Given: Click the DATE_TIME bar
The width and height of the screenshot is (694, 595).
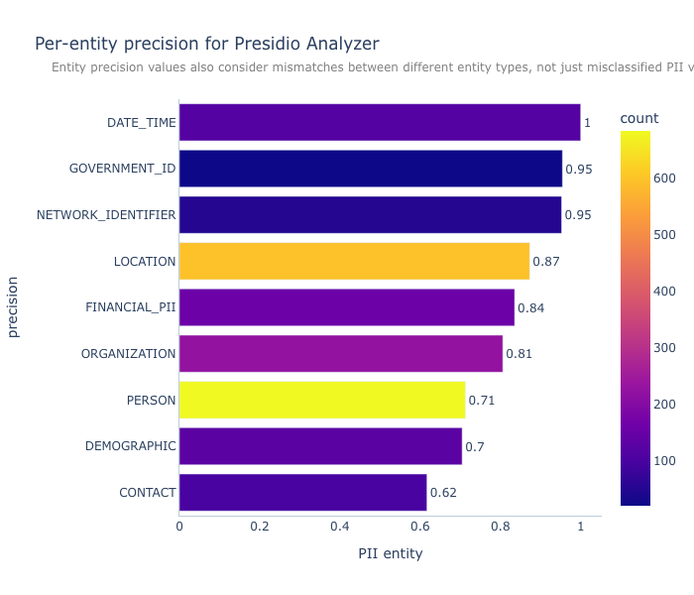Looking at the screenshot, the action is coord(380,123).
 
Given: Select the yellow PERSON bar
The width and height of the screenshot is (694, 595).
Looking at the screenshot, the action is coord(322,400).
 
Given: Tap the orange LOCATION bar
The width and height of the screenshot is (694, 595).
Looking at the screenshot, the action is coord(354,261).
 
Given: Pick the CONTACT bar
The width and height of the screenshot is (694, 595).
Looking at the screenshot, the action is coord(302,492).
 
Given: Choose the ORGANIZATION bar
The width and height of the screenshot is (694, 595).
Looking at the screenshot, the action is coord(341,354).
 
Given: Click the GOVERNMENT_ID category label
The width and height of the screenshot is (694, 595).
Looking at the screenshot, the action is coord(122,169).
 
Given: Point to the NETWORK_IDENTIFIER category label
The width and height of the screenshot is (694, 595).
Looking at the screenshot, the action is coord(106,215).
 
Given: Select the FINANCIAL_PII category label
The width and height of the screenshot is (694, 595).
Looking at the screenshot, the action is coord(131,307).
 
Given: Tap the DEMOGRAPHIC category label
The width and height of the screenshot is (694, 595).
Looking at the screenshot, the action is coord(131,446).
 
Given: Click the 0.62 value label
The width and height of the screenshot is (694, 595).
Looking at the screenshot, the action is coord(443,493).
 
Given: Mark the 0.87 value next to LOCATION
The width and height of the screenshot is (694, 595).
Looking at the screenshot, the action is coord(545,262).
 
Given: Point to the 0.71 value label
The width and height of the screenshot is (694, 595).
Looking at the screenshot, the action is coord(482,401).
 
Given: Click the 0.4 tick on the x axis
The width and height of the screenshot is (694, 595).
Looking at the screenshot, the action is coord(339,527).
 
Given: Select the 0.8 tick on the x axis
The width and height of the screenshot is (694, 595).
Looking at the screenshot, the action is coord(500,527).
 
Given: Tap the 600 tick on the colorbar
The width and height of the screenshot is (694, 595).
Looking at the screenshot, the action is coord(664,178).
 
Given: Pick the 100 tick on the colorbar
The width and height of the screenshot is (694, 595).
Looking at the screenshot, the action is coord(664,461).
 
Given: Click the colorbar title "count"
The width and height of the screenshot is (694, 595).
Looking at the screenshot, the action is coord(639,118).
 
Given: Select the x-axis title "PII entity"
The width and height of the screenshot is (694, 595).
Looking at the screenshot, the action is coord(391,553).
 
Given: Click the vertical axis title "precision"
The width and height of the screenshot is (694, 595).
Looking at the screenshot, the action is coord(13,307).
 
